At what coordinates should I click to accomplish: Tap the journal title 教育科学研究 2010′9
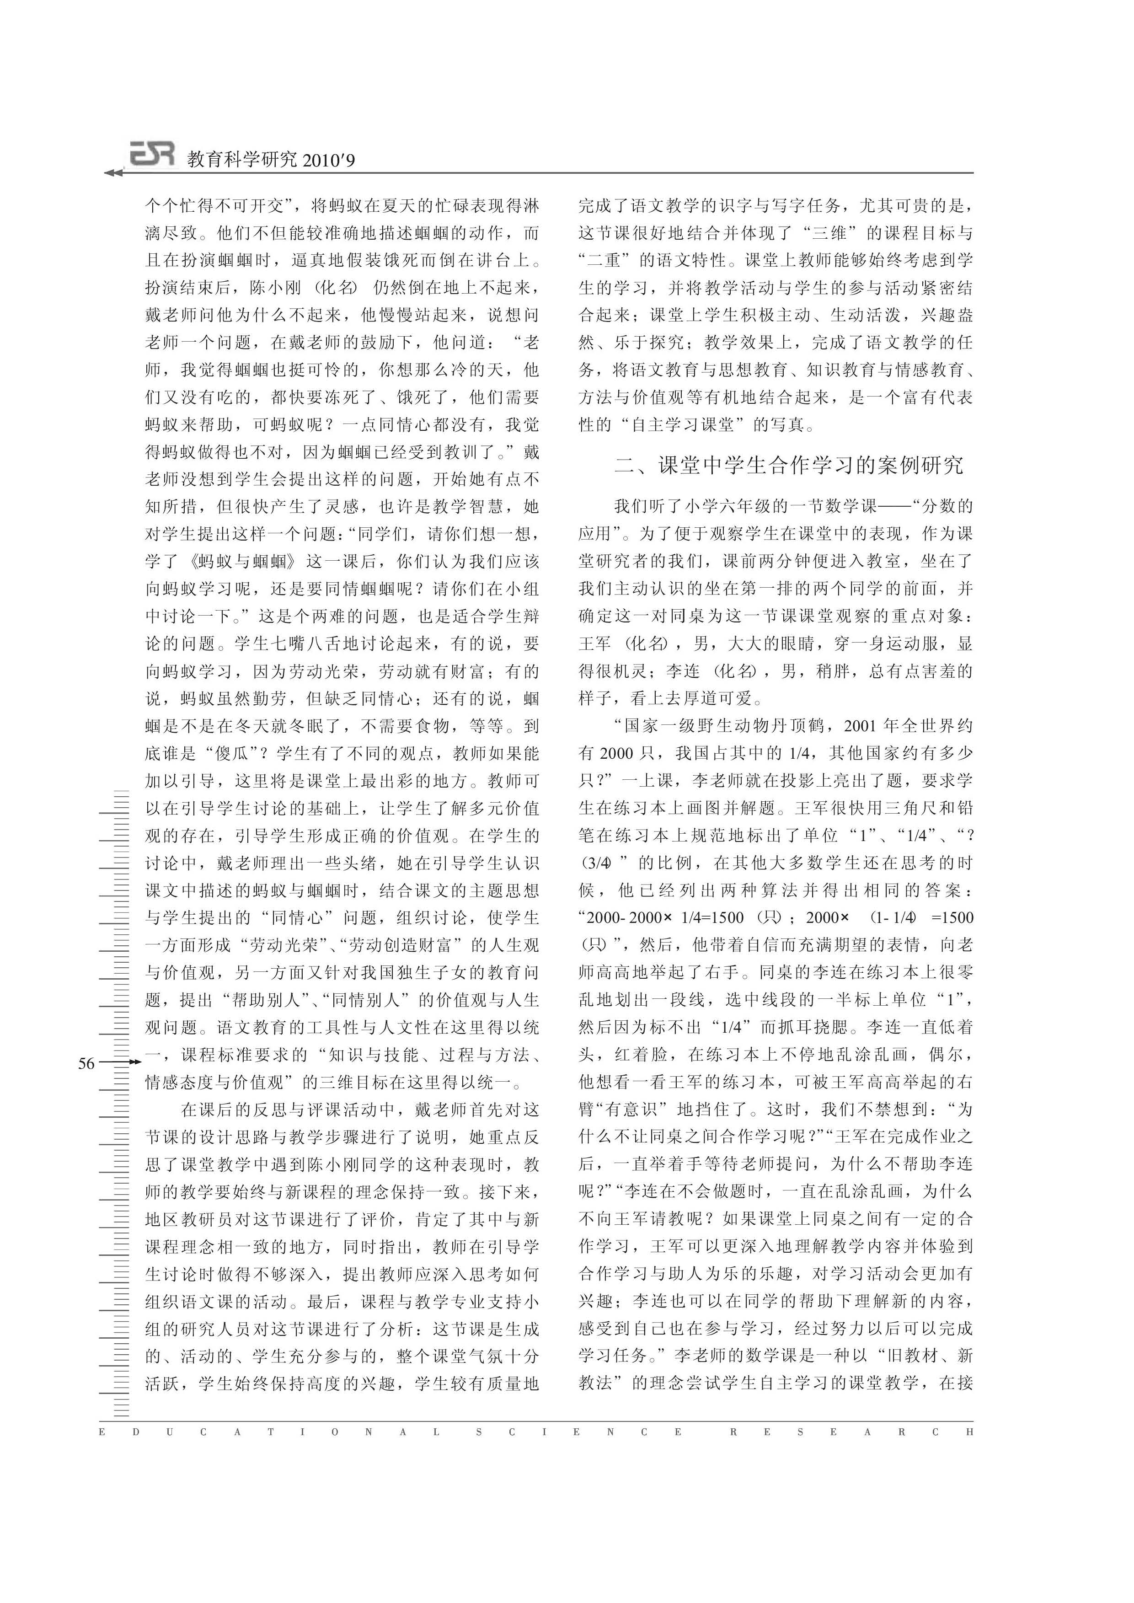271,160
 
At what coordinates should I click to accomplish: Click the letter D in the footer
135,1432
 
